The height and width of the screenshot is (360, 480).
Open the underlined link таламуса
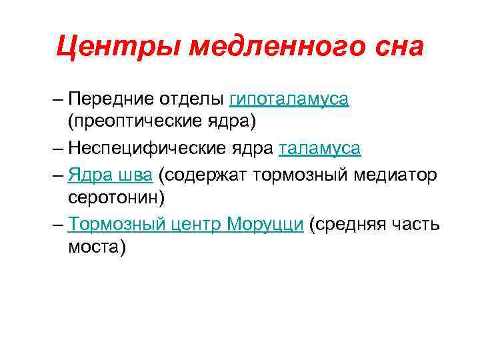[x=320, y=148]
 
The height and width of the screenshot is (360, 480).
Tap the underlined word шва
[x=138, y=173]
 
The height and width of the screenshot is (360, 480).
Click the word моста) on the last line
[x=97, y=247]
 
